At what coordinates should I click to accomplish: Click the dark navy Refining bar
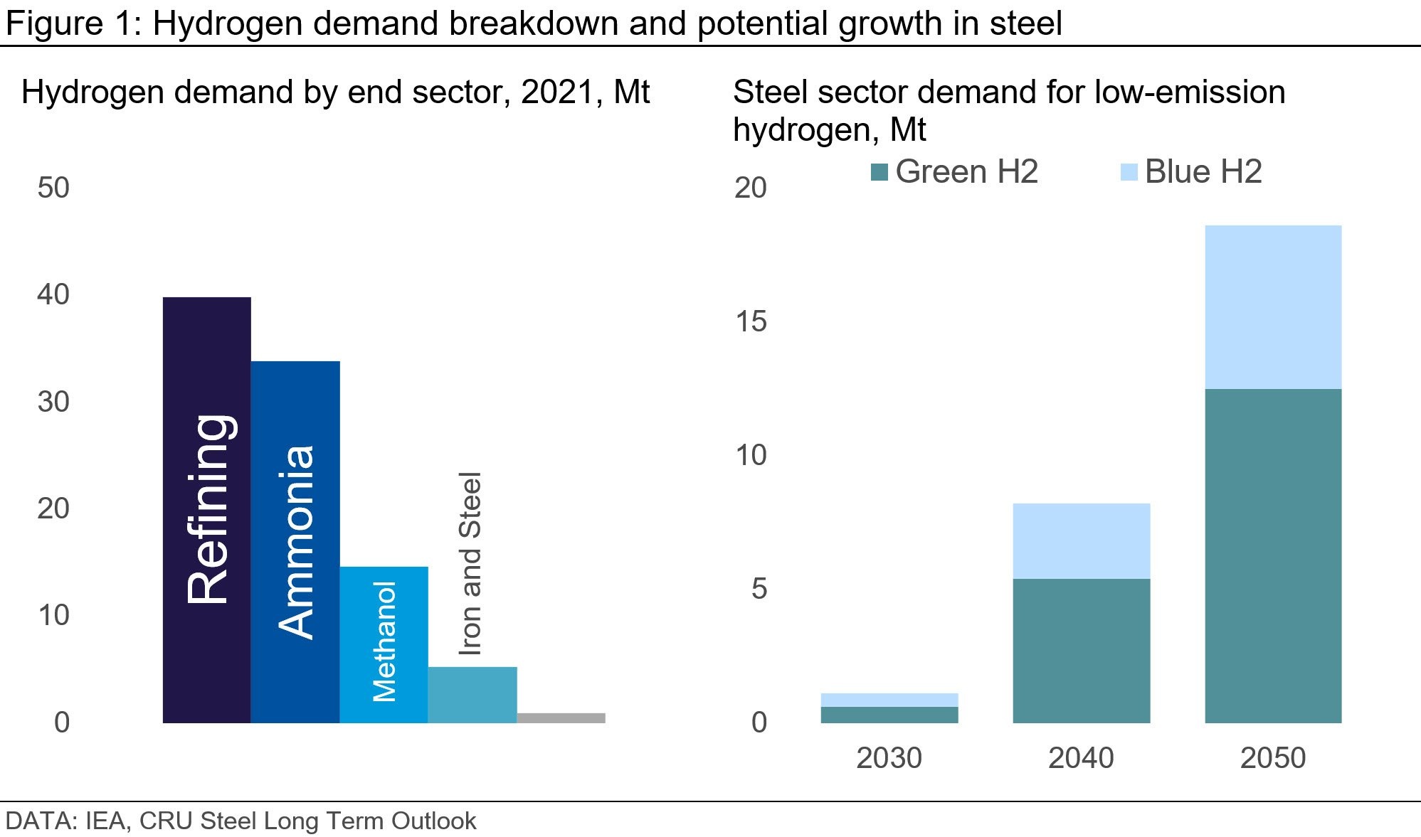point(206,510)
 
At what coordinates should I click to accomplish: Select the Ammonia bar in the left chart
point(295,542)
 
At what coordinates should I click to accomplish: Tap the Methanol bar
point(384,644)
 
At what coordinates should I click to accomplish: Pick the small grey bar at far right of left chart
point(561,718)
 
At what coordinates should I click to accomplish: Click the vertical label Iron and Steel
point(470,563)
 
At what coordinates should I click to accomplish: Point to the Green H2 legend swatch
point(879,172)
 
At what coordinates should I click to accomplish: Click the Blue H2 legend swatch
point(1129,172)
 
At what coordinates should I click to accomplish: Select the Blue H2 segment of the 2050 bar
point(1273,307)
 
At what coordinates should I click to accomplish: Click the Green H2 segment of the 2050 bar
point(1273,555)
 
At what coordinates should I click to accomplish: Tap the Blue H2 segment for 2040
point(1081,540)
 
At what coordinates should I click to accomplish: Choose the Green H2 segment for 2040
point(1081,651)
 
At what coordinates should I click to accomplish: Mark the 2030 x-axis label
point(889,758)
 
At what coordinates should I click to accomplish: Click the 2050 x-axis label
point(1273,758)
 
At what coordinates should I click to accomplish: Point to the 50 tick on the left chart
point(53,188)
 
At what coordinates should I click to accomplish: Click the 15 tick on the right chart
point(751,321)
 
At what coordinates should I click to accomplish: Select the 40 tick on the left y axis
point(53,294)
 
